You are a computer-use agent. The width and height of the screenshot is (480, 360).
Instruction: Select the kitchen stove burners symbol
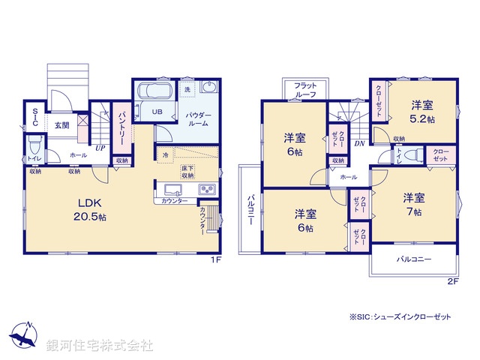(206, 189)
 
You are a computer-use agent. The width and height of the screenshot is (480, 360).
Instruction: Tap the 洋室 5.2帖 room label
(423, 112)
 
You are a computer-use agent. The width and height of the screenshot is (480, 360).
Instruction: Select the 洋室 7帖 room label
(413, 205)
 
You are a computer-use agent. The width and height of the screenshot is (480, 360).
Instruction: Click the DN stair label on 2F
(359, 143)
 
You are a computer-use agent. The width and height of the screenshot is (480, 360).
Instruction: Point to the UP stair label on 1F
(99, 147)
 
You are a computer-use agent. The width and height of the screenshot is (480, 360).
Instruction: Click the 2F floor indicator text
(452, 282)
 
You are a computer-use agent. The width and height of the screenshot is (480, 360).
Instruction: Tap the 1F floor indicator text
(214, 260)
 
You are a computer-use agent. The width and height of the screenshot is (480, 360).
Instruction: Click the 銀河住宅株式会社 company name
(99, 346)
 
